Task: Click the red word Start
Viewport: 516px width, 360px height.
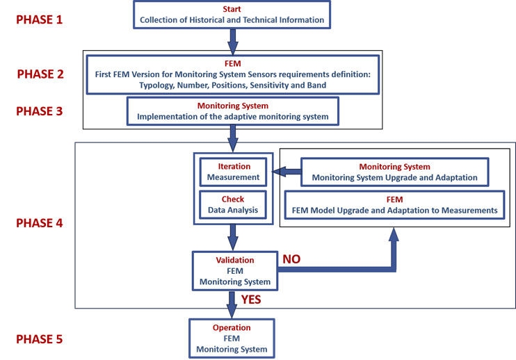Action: tap(232, 8)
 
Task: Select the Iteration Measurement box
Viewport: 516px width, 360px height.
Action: tap(233, 172)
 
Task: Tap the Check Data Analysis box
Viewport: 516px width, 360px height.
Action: tap(233, 204)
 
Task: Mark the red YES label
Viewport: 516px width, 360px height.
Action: tap(255, 300)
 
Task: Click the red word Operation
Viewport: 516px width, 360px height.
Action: tap(232, 326)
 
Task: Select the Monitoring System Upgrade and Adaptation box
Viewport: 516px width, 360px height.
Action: tap(394, 172)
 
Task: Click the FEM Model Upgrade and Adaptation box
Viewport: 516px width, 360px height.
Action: tap(394, 204)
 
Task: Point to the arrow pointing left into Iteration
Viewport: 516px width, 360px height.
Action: tap(286, 172)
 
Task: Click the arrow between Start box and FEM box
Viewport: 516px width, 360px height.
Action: tap(232, 40)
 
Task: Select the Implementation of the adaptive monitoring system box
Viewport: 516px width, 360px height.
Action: tap(232, 111)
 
